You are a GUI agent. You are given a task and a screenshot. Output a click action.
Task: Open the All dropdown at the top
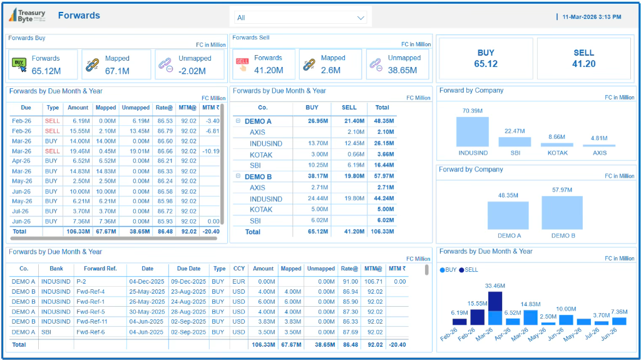tap(300, 18)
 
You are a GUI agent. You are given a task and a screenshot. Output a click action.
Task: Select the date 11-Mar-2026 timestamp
tap(591, 17)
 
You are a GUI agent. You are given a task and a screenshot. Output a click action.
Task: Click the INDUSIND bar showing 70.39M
tap(472, 131)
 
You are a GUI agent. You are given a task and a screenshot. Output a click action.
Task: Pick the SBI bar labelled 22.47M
tap(515, 141)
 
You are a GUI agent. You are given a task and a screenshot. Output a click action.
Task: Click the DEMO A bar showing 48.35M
tap(508, 215)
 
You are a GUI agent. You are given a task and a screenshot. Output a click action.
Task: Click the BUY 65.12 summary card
tap(486, 58)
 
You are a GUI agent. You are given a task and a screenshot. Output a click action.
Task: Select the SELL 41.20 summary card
tap(583, 58)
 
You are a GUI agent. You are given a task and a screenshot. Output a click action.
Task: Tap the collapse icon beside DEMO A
tap(238, 121)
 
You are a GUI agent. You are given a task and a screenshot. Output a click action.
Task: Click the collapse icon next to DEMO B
tap(238, 177)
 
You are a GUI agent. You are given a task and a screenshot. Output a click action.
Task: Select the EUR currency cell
tap(239, 282)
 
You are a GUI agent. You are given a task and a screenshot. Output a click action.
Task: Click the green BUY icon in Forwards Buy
tap(20, 64)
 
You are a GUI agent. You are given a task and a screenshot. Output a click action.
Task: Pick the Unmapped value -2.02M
tap(193, 71)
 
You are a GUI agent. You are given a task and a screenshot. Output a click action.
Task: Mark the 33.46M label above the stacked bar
tap(495, 286)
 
